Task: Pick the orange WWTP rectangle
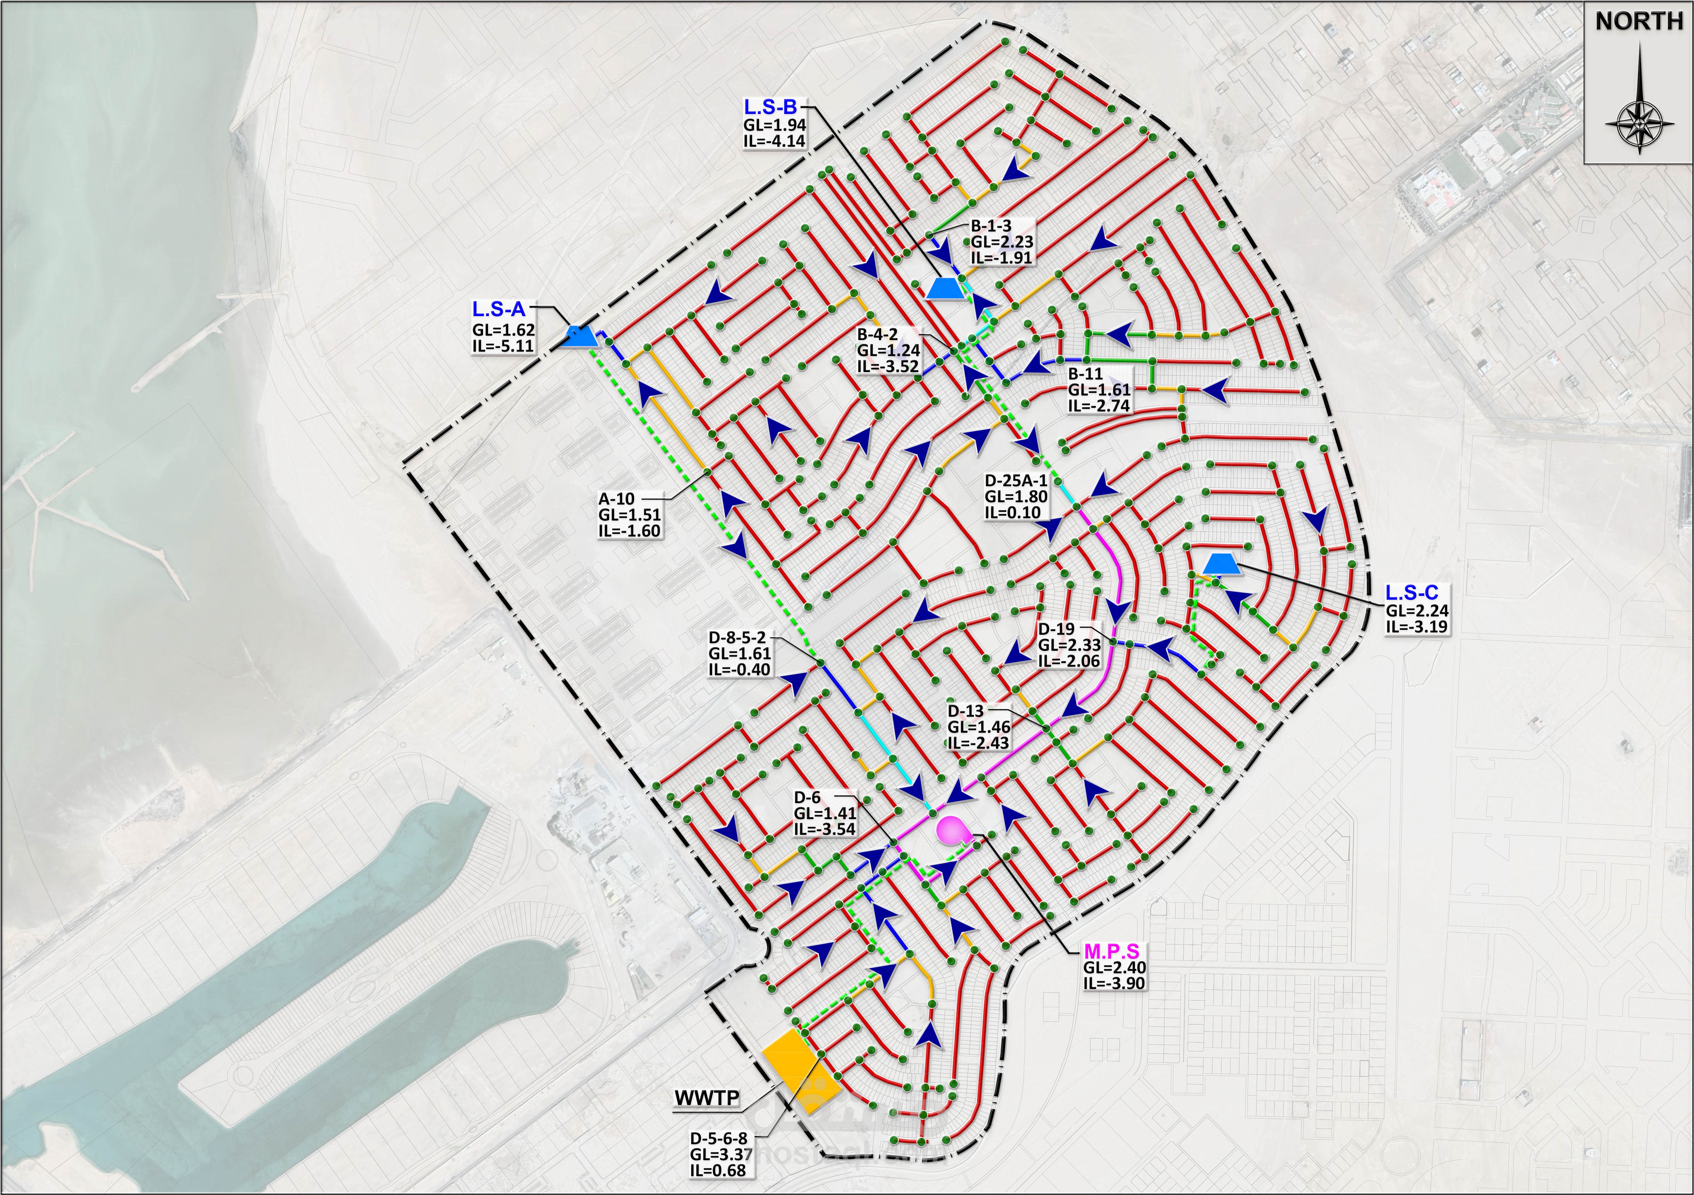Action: click(x=800, y=1071)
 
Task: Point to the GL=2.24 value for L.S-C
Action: click(x=1417, y=611)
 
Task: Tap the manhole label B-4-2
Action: click(x=877, y=335)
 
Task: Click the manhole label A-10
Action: click(x=617, y=499)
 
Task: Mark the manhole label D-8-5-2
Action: click(x=737, y=637)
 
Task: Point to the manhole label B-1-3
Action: click(x=991, y=226)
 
